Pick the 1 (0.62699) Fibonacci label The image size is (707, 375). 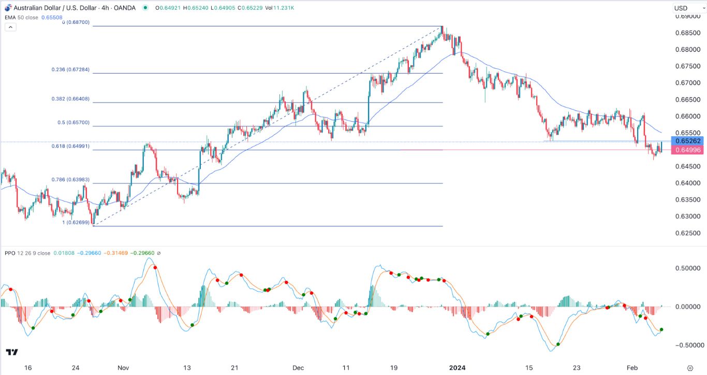76,222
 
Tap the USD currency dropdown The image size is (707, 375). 687,8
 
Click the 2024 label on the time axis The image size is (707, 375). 457,368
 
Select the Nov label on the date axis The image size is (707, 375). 123,368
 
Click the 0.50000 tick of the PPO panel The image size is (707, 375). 688,268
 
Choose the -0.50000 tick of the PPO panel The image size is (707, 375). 686,345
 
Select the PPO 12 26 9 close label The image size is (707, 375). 27,253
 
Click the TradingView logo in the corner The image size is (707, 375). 12,353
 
